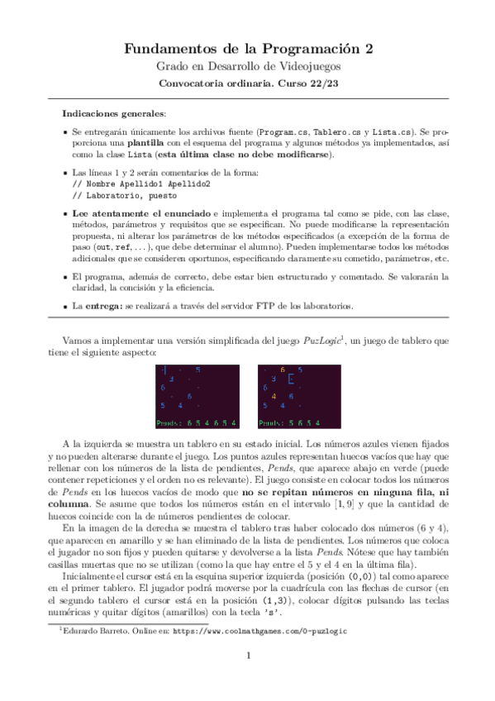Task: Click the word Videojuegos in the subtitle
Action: (x=307, y=66)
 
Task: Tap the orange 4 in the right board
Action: (x=273, y=395)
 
